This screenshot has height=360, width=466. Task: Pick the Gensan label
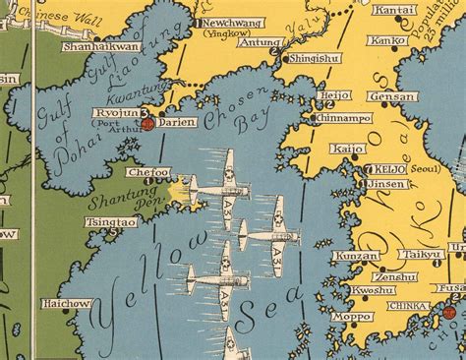click(387, 97)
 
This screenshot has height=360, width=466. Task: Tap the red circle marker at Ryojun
click(146, 124)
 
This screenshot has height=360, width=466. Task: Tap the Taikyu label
click(425, 254)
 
